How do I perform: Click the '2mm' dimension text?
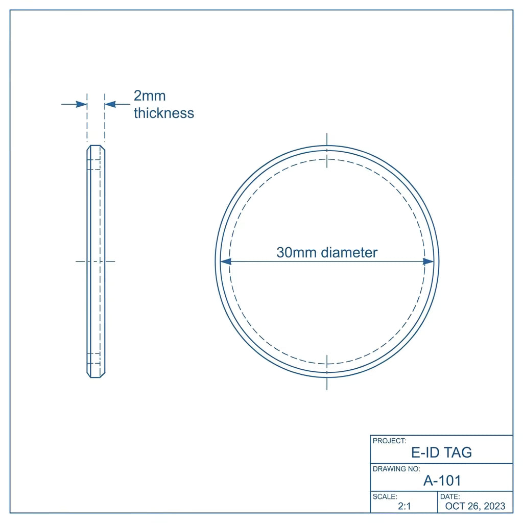pyautogui.click(x=150, y=96)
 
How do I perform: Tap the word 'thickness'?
pyautogui.click(x=164, y=113)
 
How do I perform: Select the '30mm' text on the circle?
pyautogui.click(x=297, y=252)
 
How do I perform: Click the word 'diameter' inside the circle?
pyautogui.click(x=349, y=252)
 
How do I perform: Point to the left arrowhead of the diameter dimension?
pyautogui.click(x=226, y=261)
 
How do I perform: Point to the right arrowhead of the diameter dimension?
pyautogui.click(x=429, y=261)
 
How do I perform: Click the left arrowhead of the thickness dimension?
pyautogui.click(x=81, y=104)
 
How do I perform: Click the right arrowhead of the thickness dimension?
pyautogui.click(x=110, y=104)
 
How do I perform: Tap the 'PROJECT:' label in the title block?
pyautogui.click(x=389, y=441)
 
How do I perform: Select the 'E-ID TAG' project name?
pyautogui.click(x=442, y=453)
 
